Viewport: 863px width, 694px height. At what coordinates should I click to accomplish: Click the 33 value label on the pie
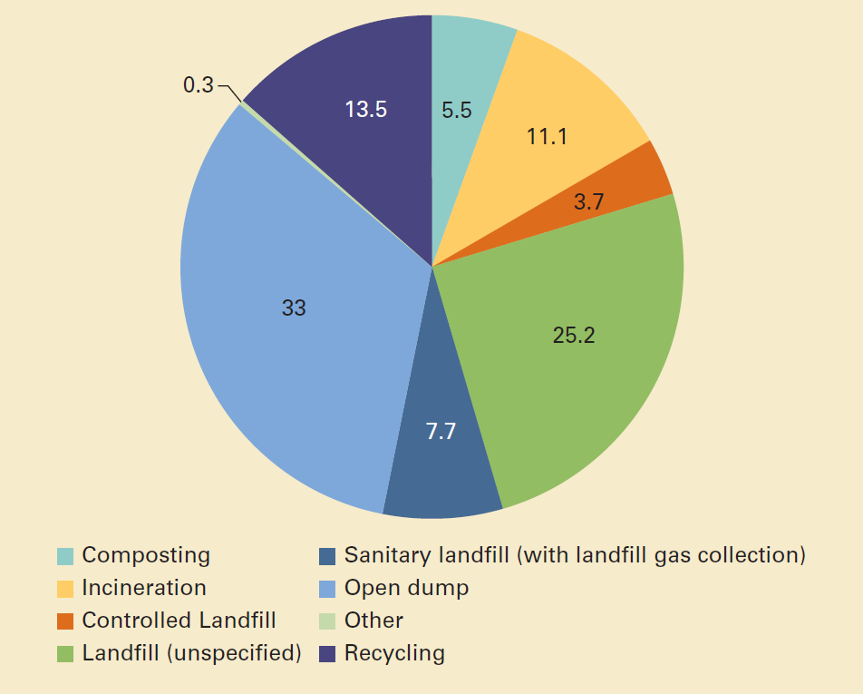tap(294, 308)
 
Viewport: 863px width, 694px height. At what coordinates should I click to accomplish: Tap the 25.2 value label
tap(574, 336)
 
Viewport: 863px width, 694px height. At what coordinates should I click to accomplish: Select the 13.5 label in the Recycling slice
tap(366, 110)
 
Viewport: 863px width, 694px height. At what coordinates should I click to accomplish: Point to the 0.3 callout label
tap(198, 85)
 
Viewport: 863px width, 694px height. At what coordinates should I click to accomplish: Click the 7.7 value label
tap(441, 431)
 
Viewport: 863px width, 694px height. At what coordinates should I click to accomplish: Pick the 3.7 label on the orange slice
tap(589, 202)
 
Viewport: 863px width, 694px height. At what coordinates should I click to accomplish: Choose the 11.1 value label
tap(547, 137)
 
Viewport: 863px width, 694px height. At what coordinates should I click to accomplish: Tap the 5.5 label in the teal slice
tap(457, 110)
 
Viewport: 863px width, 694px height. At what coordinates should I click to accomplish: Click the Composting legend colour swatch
tap(65, 555)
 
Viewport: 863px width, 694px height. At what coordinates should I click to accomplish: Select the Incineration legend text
tap(144, 588)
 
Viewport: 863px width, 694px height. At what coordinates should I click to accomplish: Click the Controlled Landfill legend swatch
tap(65, 621)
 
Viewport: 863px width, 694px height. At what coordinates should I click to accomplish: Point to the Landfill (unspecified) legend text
tap(191, 653)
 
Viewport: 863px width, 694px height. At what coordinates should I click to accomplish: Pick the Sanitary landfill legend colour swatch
tap(328, 555)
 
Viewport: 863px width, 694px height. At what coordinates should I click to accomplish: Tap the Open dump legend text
tap(406, 588)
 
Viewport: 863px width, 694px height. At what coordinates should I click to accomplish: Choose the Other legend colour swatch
tap(328, 621)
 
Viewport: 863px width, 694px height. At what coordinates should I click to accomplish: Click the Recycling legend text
tap(394, 653)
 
